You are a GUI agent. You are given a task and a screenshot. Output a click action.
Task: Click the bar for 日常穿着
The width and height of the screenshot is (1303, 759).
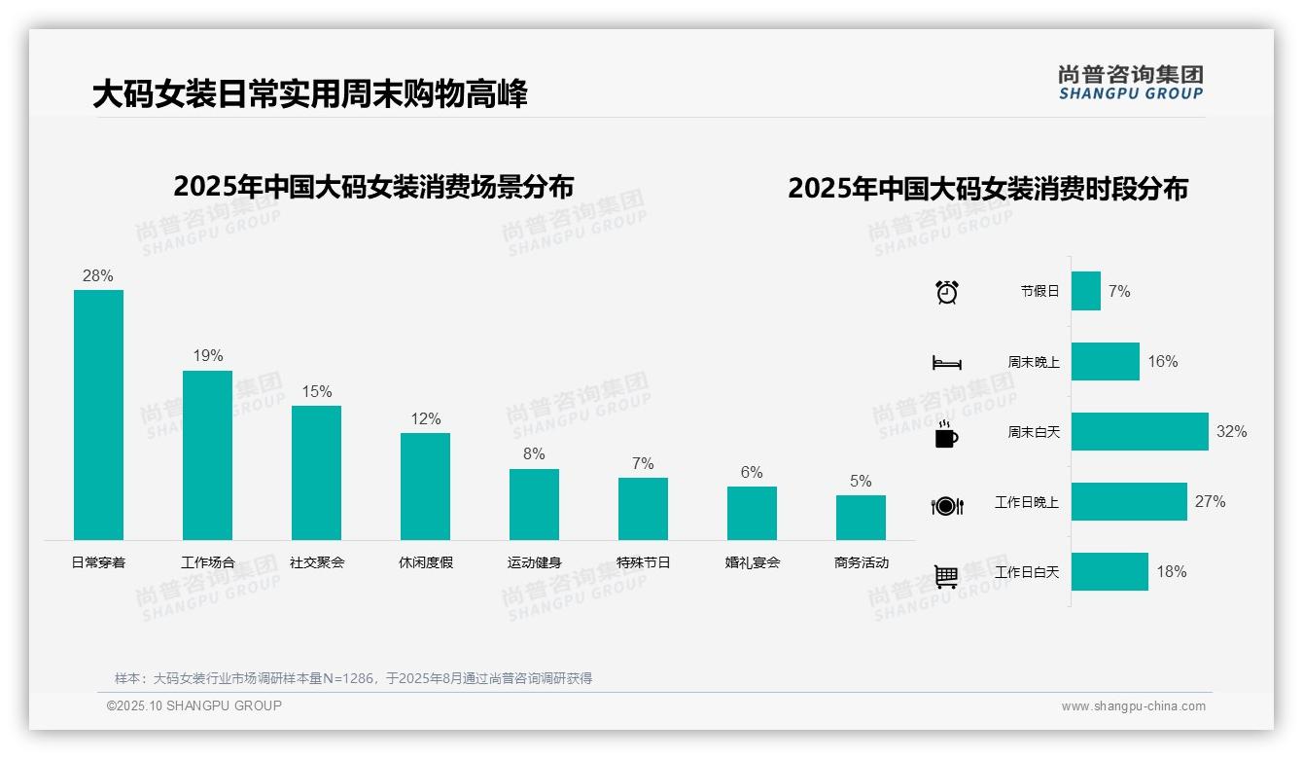coord(98,415)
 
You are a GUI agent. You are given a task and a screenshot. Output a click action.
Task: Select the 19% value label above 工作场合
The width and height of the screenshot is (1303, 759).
coord(207,356)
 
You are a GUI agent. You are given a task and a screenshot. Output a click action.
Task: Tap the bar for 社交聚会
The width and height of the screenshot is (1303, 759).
coord(316,472)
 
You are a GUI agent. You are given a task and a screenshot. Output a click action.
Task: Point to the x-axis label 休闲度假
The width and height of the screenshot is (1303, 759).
coord(425,562)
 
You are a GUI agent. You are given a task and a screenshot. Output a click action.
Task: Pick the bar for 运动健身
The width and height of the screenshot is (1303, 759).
coord(534,504)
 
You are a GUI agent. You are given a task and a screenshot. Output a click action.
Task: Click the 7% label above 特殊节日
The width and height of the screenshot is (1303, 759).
coord(643,463)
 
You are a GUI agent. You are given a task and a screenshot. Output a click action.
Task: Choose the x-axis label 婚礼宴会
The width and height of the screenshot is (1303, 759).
coord(752,562)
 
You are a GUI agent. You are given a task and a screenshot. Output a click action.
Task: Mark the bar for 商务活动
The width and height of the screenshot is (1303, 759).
coord(861,517)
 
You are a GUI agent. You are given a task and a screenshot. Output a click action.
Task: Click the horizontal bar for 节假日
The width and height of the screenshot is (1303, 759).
coord(1086,291)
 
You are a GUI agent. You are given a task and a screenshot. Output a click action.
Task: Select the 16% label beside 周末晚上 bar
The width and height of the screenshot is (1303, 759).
coord(1162,362)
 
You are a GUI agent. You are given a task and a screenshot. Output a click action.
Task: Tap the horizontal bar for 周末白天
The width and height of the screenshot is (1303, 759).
coord(1140,431)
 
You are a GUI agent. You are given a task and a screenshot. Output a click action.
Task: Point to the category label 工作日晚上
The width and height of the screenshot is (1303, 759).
coord(1026,502)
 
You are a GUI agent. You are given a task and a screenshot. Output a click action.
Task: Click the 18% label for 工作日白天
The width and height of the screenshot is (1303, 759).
coord(1171,572)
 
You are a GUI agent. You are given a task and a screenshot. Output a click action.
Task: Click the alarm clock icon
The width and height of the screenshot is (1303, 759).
coord(946,292)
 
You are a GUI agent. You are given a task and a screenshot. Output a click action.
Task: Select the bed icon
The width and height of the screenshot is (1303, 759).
coord(946,363)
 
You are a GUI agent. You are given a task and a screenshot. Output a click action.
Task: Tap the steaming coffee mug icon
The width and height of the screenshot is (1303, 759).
coord(945,434)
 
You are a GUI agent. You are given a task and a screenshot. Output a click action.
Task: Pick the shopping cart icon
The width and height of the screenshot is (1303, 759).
coord(946,576)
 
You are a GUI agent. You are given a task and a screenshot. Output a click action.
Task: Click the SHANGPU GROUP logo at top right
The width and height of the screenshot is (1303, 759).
coord(1130,82)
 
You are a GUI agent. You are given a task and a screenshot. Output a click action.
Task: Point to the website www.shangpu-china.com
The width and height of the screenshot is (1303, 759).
coord(1133,706)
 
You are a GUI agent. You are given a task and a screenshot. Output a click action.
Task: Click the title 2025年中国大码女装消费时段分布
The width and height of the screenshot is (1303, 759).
coord(988,189)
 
